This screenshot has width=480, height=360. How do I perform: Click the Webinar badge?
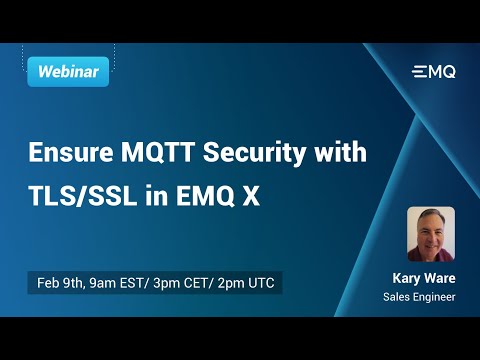click(x=67, y=71)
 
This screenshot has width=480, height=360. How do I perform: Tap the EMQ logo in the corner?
click(x=433, y=71)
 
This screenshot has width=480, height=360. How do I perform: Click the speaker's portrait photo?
click(x=431, y=233)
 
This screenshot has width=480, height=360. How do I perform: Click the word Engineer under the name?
click(x=435, y=298)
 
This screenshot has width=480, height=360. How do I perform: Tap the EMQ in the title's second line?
click(x=205, y=196)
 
